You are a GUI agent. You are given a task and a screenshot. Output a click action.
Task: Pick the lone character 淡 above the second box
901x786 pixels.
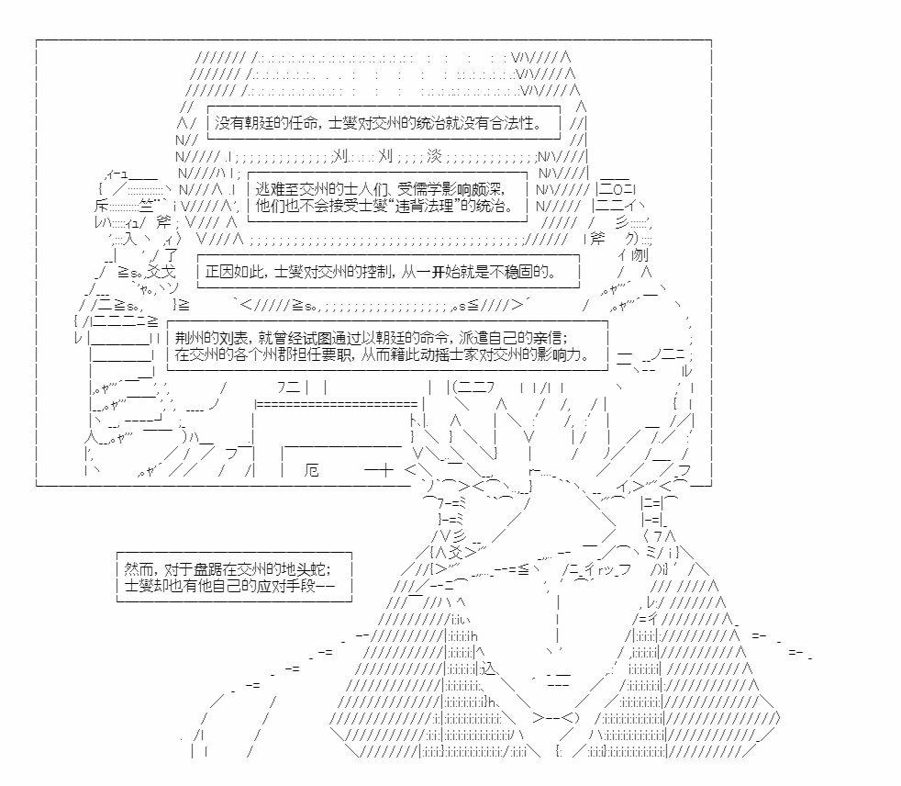[x=434, y=156]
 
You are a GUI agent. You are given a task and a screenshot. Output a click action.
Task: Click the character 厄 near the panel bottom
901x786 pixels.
[x=311, y=470]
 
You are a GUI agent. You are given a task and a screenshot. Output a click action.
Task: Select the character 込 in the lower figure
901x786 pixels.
[x=487, y=668]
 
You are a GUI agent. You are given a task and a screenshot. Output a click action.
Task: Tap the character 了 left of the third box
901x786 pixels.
[x=171, y=254]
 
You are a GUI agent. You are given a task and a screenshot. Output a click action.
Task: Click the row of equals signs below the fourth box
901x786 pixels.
[x=336, y=404]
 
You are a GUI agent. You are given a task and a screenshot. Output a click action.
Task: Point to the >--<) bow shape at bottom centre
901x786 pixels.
[x=556, y=717]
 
